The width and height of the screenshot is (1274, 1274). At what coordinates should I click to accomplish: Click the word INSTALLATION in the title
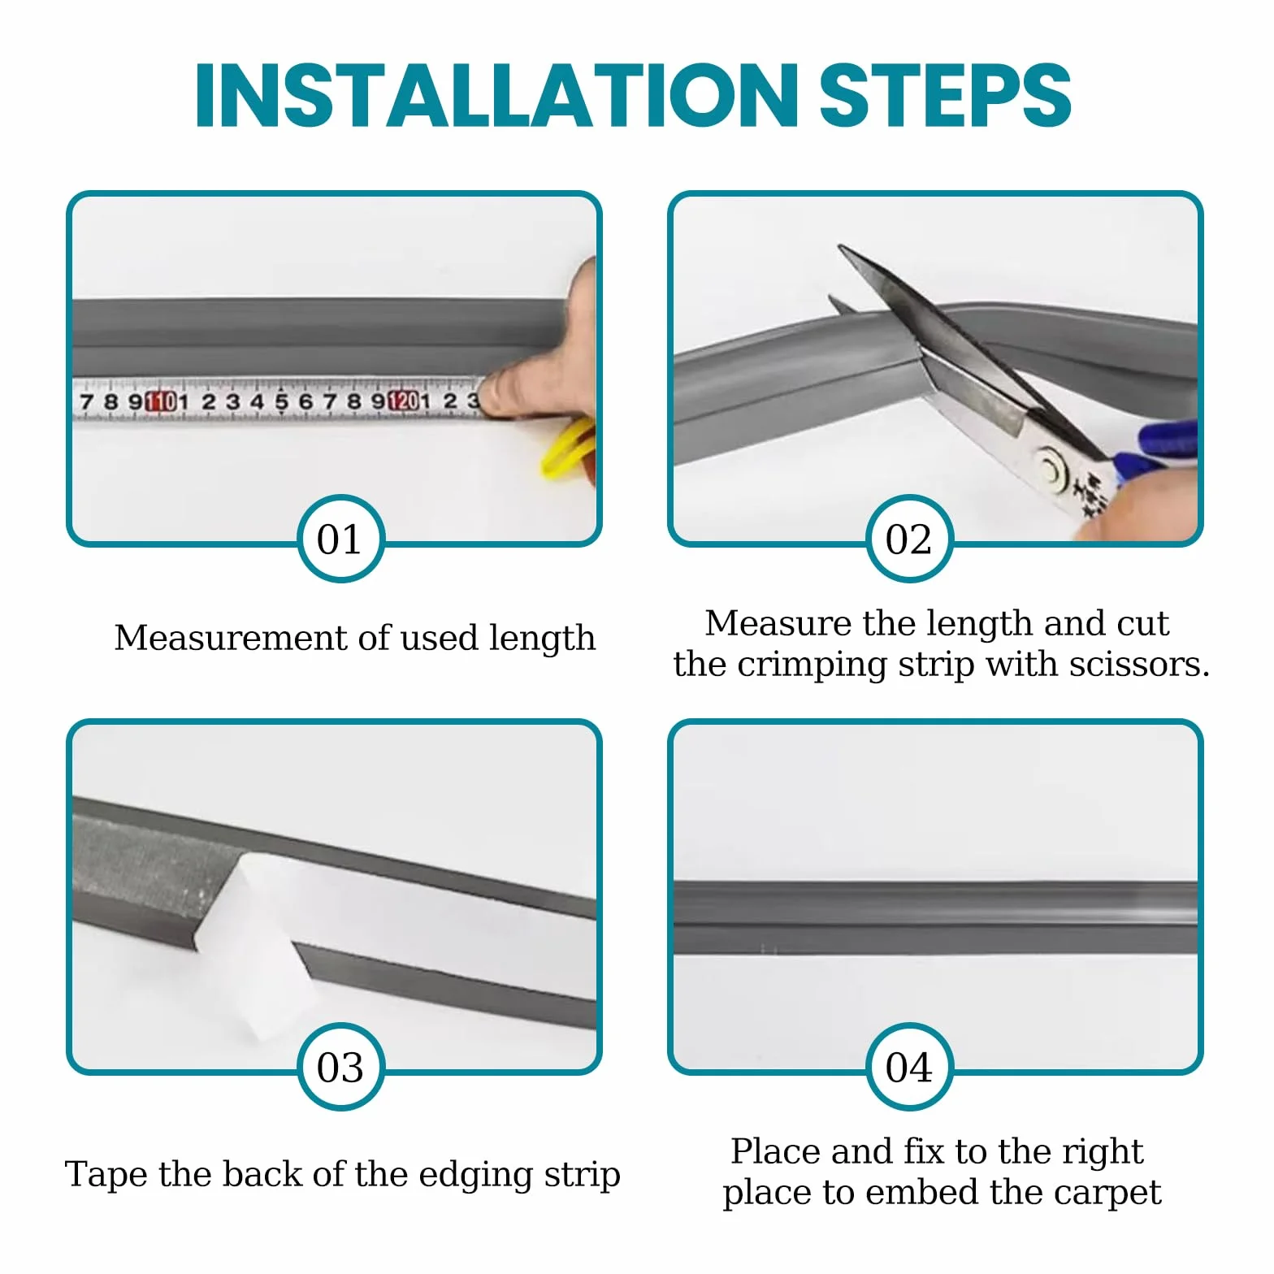(497, 95)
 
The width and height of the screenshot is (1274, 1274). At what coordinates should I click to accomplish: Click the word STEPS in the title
(946, 95)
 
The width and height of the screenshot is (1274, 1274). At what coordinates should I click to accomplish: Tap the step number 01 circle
(340, 539)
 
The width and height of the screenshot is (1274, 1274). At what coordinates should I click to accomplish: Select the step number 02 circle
(908, 539)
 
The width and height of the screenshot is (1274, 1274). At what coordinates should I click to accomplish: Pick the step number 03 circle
(340, 1067)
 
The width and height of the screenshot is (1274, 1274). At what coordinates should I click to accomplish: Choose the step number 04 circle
(908, 1067)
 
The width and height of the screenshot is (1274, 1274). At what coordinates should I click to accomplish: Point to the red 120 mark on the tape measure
(403, 401)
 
